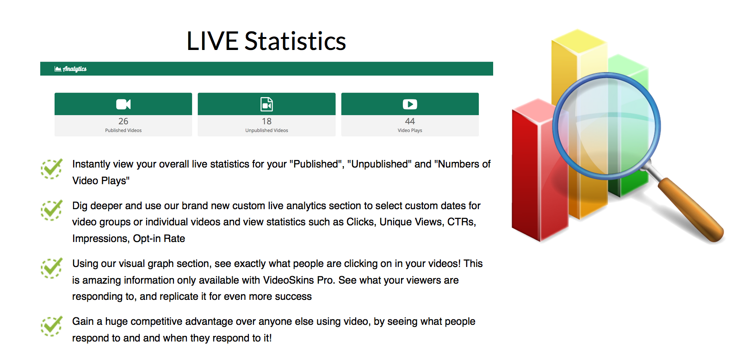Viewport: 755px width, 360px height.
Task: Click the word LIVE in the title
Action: tap(212, 41)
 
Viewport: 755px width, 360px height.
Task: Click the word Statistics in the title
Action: tap(295, 41)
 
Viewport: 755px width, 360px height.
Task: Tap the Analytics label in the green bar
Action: tap(74, 69)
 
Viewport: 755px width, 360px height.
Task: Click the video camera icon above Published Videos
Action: tap(124, 104)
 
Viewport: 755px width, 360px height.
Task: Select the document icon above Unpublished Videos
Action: tap(266, 104)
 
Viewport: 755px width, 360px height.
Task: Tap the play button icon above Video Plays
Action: tap(410, 104)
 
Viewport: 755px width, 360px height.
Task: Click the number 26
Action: tap(124, 121)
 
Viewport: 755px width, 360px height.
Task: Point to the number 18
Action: tap(266, 121)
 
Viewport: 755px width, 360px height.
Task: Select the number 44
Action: tap(410, 121)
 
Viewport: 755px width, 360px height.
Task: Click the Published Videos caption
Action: tap(124, 130)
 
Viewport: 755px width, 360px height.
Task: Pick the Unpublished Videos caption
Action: tap(266, 130)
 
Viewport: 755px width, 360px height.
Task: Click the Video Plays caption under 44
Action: tap(410, 130)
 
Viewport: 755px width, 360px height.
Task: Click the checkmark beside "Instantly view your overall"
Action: tap(51, 168)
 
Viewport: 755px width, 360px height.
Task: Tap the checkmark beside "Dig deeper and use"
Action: tap(51, 211)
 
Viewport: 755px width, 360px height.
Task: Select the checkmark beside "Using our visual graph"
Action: tap(51, 268)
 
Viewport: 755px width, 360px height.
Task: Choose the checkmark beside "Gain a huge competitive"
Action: tap(51, 326)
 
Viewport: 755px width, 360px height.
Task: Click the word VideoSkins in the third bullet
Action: tap(289, 280)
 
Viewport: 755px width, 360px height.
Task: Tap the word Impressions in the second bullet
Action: tap(100, 239)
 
